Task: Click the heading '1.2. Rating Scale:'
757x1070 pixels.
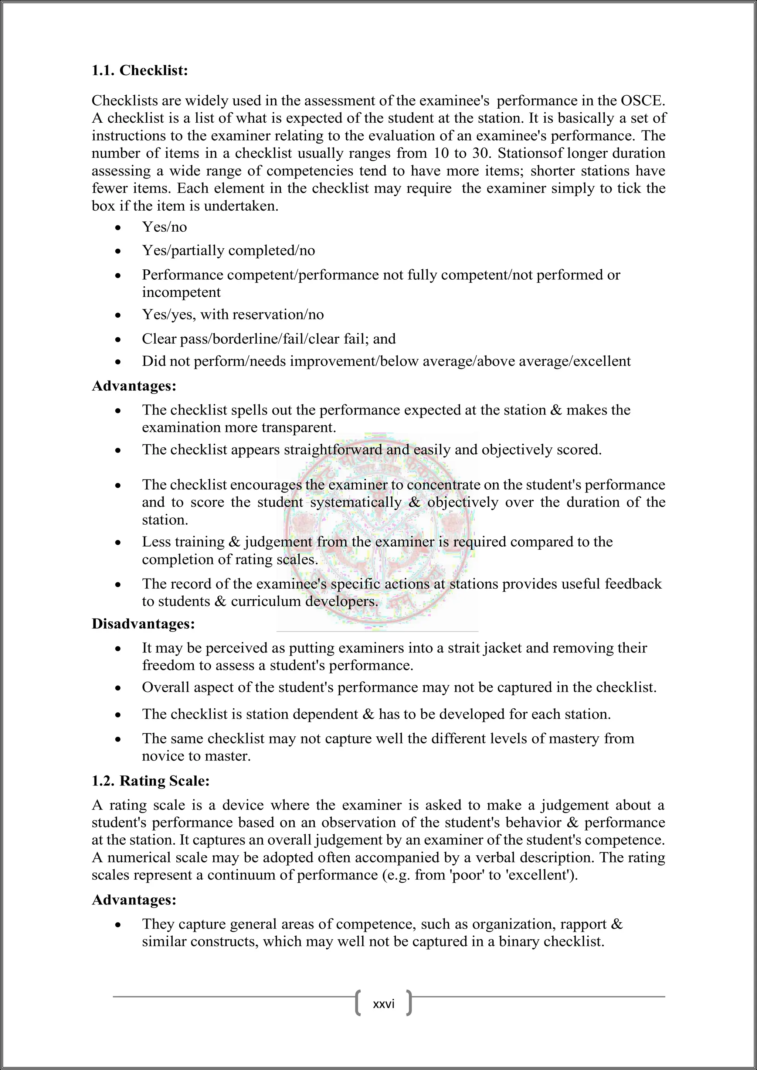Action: [150, 781]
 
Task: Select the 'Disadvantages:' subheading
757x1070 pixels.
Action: [143, 624]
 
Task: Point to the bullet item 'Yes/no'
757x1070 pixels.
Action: [164, 227]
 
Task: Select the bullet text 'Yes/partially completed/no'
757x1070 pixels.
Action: [228, 251]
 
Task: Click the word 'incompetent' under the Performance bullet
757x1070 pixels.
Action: [181, 292]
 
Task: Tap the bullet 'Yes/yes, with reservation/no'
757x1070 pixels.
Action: [232, 314]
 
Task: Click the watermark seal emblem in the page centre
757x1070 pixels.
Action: [377, 531]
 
